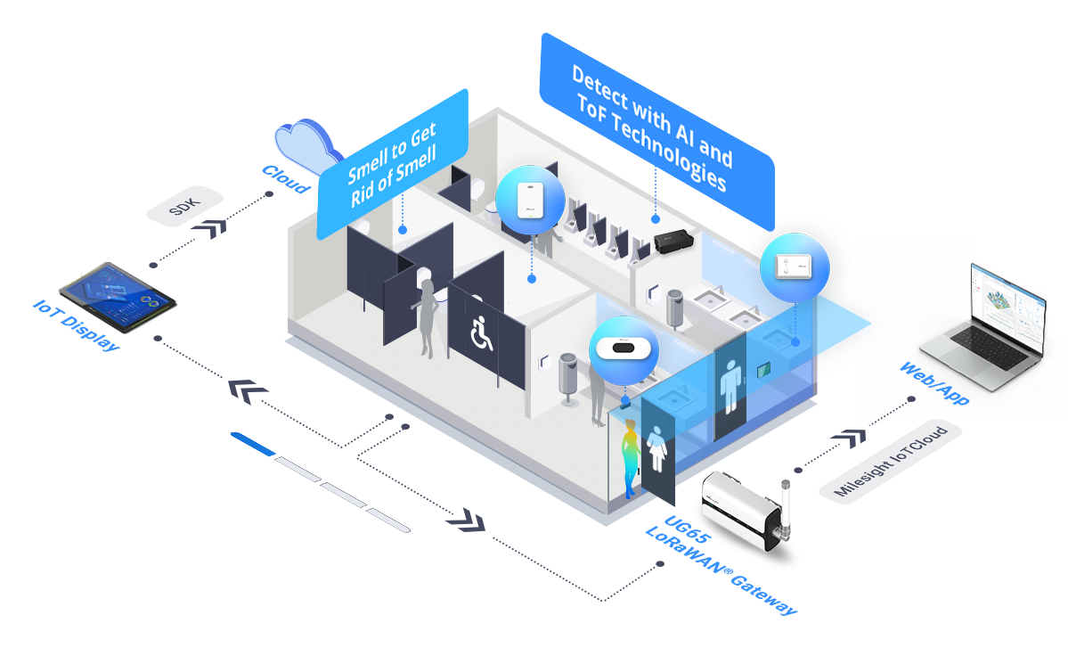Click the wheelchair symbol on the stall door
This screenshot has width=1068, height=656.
[481, 333]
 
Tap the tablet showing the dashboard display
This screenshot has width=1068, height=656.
[116, 297]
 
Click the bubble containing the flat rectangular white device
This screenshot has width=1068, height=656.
[795, 266]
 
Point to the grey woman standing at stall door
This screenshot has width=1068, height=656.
[428, 317]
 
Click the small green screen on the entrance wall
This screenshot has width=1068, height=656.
[762, 368]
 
